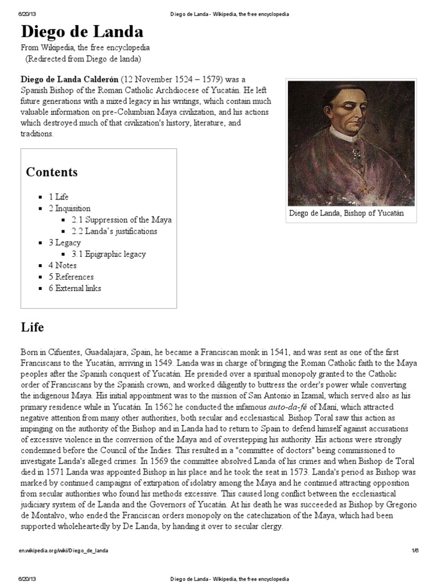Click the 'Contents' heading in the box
(52, 172)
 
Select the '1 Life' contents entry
(58, 197)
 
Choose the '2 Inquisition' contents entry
(69, 208)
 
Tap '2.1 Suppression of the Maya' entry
(121, 219)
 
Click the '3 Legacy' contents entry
(64, 243)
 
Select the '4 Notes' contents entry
(62, 265)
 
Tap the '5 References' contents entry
(71, 277)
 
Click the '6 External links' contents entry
(75, 288)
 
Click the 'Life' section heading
(32, 327)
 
